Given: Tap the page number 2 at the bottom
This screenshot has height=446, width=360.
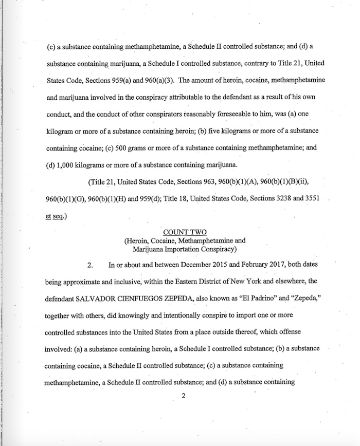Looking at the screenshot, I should click(x=182, y=396).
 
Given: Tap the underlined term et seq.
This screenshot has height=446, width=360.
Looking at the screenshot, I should click(x=55, y=216).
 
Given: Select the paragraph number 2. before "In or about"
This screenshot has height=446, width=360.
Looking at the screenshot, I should click(x=89, y=266).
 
